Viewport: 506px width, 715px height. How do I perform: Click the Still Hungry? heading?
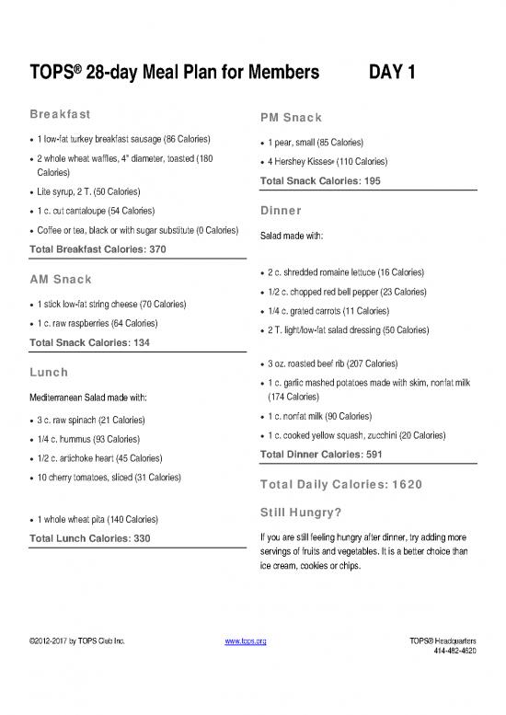[x=302, y=512]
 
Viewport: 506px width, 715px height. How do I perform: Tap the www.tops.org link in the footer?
[x=246, y=640]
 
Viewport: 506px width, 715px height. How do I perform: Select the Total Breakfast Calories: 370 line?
[x=98, y=249]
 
